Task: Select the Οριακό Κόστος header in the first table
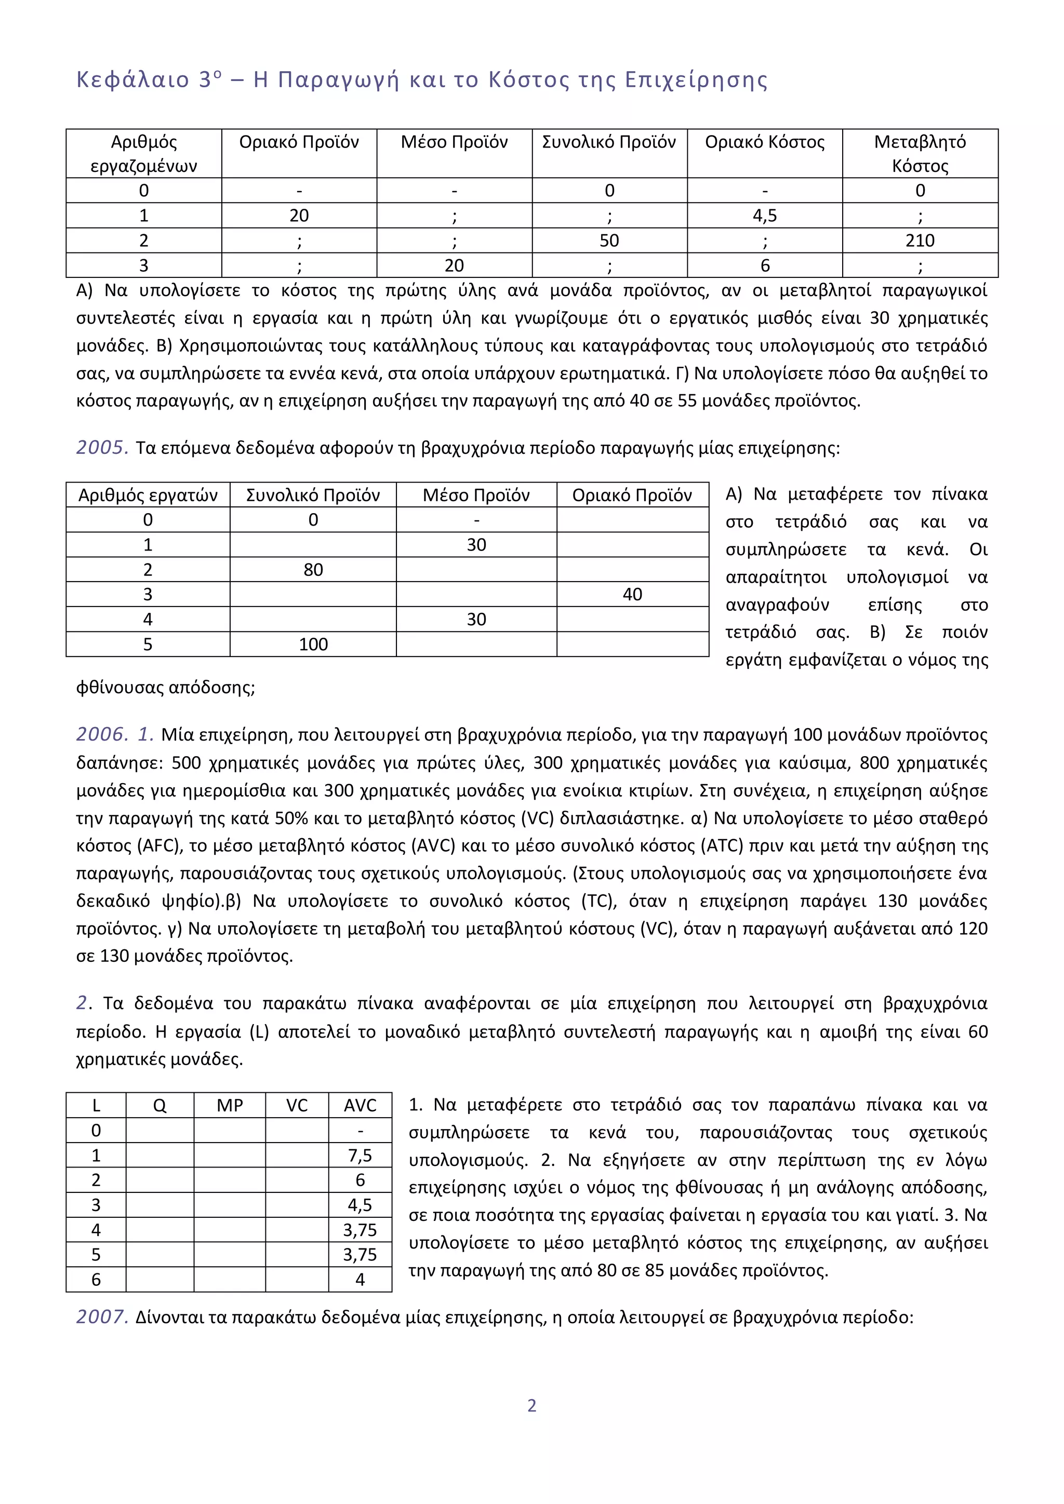pos(765,142)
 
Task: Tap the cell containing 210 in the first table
pos(920,240)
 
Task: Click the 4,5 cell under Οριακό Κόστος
pos(765,216)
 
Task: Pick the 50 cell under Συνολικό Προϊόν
pos(609,240)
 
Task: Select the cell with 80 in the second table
pos(313,570)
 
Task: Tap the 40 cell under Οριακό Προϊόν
pos(632,594)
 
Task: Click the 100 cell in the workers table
pos(313,644)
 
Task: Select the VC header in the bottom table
pos(296,1106)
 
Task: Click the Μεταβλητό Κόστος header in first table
pos(920,153)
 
